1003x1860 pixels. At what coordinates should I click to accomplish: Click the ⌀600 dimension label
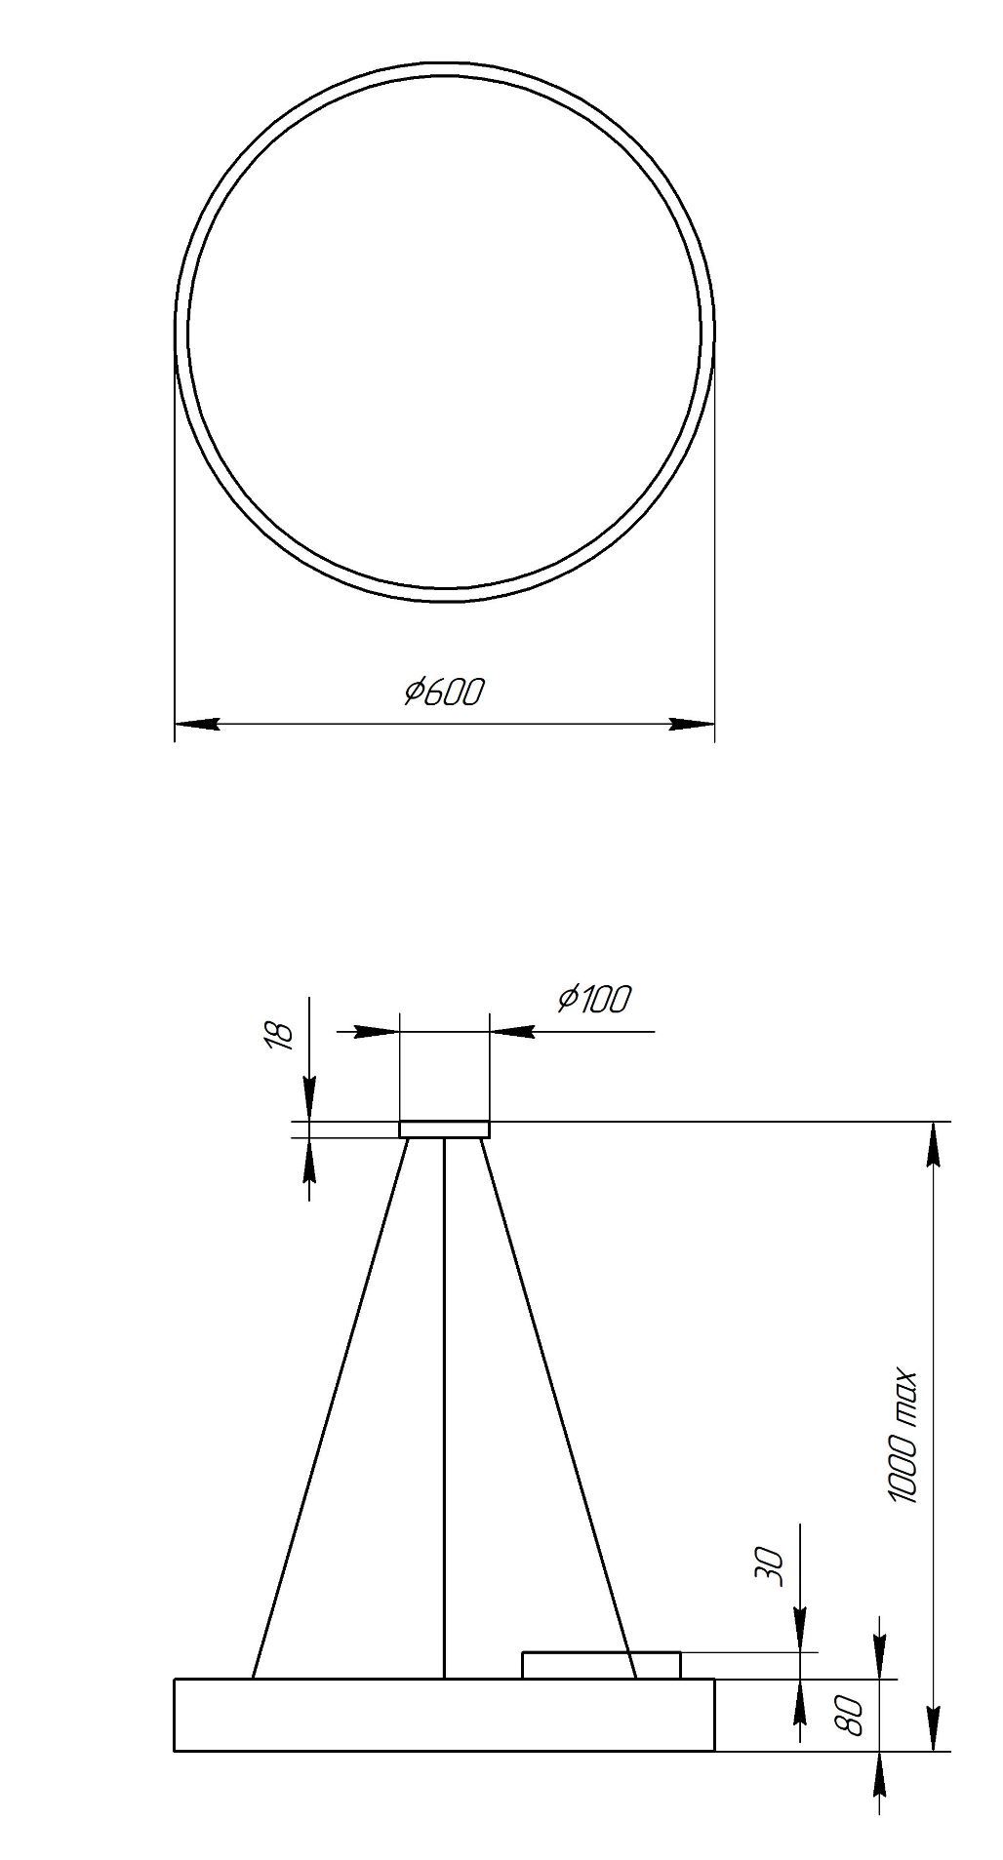(444, 692)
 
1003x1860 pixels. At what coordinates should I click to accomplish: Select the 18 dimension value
(280, 1036)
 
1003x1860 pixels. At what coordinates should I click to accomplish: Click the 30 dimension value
(770, 1567)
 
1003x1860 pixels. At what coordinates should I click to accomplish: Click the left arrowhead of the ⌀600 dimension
(197, 724)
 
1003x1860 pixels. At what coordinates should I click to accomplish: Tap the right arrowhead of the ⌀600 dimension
(692, 724)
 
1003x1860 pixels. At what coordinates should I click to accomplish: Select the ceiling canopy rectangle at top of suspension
(444, 1129)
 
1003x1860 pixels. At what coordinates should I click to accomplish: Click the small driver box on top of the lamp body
(601, 1665)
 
